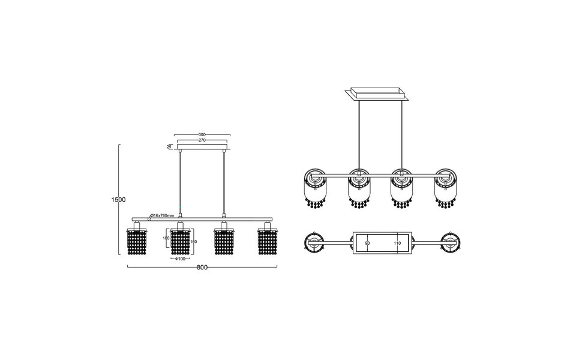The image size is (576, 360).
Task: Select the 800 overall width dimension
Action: pyautogui.click(x=202, y=268)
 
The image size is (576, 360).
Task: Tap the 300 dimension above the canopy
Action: pyautogui.click(x=202, y=135)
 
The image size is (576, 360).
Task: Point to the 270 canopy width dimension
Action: pyautogui.click(x=202, y=140)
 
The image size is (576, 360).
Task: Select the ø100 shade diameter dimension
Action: pyautogui.click(x=181, y=259)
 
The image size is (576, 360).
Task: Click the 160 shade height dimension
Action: pyautogui.click(x=193, y=242)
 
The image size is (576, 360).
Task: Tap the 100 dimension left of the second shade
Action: pyautogui.click(x=166, y=238)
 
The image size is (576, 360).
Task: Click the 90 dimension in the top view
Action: pyautogui.click(x=367, y=244)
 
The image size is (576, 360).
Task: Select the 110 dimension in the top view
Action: pyautogui.click(x=397, y=244)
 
